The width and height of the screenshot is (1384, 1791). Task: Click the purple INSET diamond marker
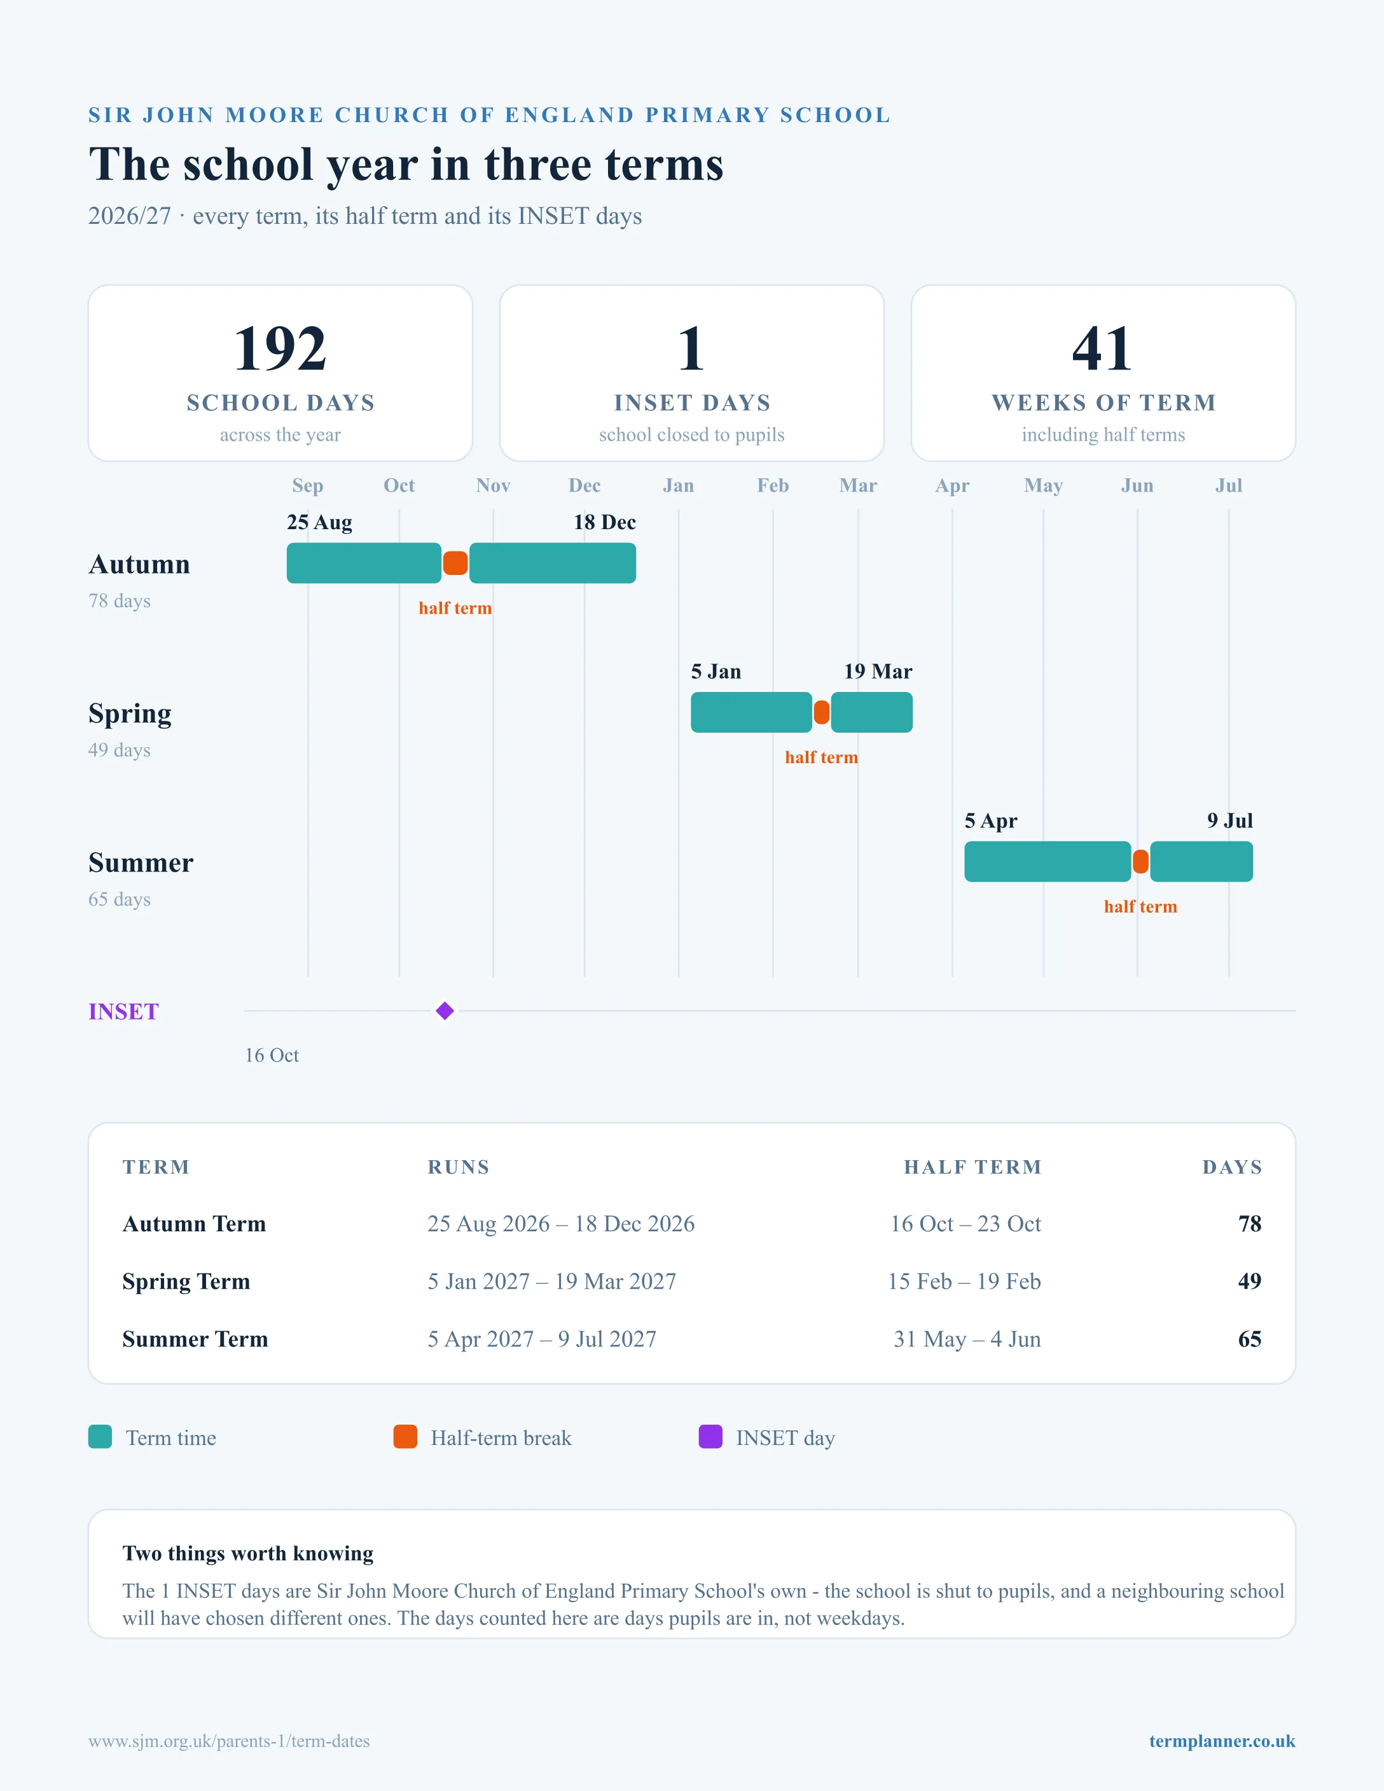(445, 1011)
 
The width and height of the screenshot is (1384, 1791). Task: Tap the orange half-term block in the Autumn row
(455, 563)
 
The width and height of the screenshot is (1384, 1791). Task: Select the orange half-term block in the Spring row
(822, 712)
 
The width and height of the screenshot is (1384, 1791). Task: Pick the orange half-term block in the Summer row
(1140, 861)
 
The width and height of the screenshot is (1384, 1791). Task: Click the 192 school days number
(280, 348)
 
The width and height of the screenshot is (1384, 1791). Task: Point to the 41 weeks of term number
(1103, 348)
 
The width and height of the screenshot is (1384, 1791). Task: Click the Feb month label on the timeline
(772, 485)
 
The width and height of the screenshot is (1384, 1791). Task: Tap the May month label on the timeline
(1043, 485)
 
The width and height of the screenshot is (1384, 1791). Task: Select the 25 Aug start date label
(320, 522)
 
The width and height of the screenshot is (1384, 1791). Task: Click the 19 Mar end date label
(878, 672)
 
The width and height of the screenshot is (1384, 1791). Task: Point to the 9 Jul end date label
(1230, 821)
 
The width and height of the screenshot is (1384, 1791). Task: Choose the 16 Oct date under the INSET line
(272, 1055)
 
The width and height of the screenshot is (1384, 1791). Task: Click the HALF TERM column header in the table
(972, 1167)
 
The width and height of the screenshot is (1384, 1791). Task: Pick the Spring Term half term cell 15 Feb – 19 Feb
(964, 1281)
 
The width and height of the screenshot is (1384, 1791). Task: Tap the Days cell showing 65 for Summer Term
(1250, 1339)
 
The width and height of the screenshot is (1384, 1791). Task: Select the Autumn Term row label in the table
(195, 1224)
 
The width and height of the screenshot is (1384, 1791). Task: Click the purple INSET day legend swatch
(710, 1437)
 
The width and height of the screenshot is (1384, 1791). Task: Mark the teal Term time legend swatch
(100, 1437)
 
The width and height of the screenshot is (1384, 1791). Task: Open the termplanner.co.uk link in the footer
(1222, 1741)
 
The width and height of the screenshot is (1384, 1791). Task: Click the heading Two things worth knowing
(247, 1553)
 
